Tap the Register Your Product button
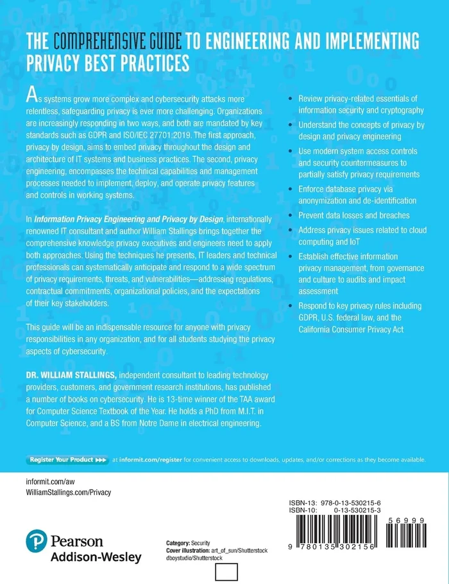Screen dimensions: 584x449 click(67, 460)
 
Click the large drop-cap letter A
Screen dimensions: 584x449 click(31, 95)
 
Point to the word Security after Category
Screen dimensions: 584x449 click(200, 524)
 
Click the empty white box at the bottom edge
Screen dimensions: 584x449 click(227, 573)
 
